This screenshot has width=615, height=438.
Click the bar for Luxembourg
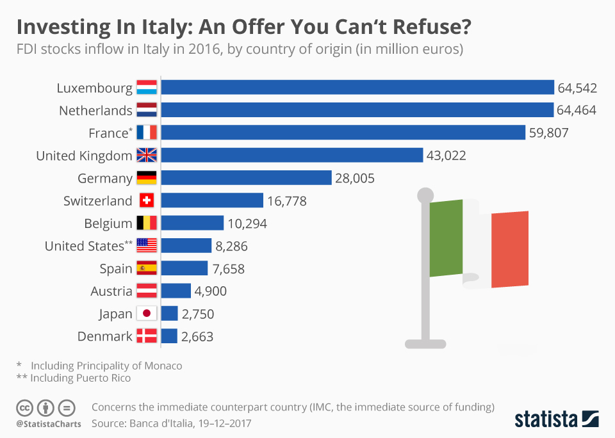[357, 88]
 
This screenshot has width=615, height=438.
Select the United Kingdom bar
[291, 155]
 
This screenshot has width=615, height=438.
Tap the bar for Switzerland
[212, 200]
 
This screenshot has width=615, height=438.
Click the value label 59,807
[548, 133]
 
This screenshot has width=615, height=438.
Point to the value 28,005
[355, 178]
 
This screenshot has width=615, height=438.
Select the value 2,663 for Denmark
[197, 336]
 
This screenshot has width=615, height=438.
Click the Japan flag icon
[147, 314]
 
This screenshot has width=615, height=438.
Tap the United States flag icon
[147, 246]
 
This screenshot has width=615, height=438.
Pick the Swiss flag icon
[147, 200]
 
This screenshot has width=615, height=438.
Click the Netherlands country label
[95, 111]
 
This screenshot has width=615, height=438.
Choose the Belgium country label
[108, 223]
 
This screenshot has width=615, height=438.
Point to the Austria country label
[111, 291]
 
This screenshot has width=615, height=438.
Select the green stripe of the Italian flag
[446, 237]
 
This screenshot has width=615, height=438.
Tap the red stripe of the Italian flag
[510, 248]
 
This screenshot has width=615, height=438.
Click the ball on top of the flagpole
[425, 194]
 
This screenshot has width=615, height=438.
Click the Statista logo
[557, 419]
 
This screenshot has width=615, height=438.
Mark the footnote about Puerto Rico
[73, 378]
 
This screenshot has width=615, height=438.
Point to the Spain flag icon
[147, 268]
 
